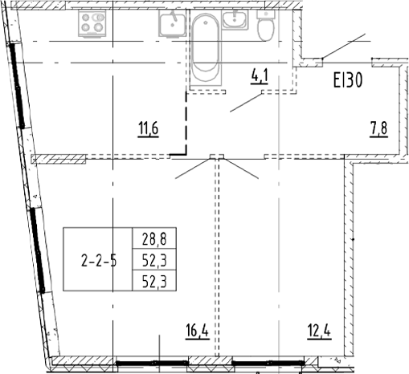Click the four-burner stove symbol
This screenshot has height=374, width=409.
[x=92, y=23]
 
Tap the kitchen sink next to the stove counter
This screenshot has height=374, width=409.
[x=172, y=23]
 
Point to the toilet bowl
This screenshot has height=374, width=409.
[x=266, y=30]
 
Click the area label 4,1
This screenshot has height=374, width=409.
[x=260, y=76]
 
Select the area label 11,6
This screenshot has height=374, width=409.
[x=149, y=128]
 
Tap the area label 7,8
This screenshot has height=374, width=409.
[x=378, y=129]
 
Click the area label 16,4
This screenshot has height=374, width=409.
[x=197, y=331]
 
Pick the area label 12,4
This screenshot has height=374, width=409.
[x=319, y=331]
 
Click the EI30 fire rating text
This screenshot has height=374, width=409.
[x=348, y=80]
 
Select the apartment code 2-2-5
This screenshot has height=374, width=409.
[x=99, y=261]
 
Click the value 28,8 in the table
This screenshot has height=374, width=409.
[x=154, y=238]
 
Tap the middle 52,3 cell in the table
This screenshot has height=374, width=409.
[x=154, y=260]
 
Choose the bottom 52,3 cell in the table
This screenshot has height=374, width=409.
[x=154, y=281]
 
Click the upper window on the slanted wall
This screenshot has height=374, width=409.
[x=17, y=86]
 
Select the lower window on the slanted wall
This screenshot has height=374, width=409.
[x=38, y=250]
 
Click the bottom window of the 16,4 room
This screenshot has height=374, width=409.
[x=152, y=363]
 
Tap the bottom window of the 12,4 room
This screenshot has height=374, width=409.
[x=268, y=363]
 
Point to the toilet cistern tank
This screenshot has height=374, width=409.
[x=266, y=14]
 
